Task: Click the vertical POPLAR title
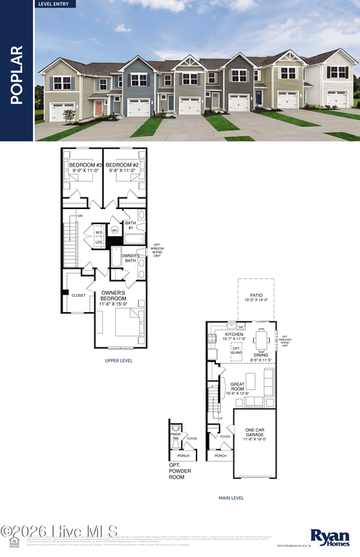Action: (x=17, y=75)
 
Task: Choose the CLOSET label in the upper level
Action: (x=79, y=295)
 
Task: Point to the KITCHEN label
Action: (x=235, y=336)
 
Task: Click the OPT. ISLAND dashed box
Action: (x=237, y=350)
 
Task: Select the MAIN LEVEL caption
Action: (x=231, y=497)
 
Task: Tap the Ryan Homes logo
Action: (x=330, y=538)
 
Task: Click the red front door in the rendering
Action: (x=98, y=109)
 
